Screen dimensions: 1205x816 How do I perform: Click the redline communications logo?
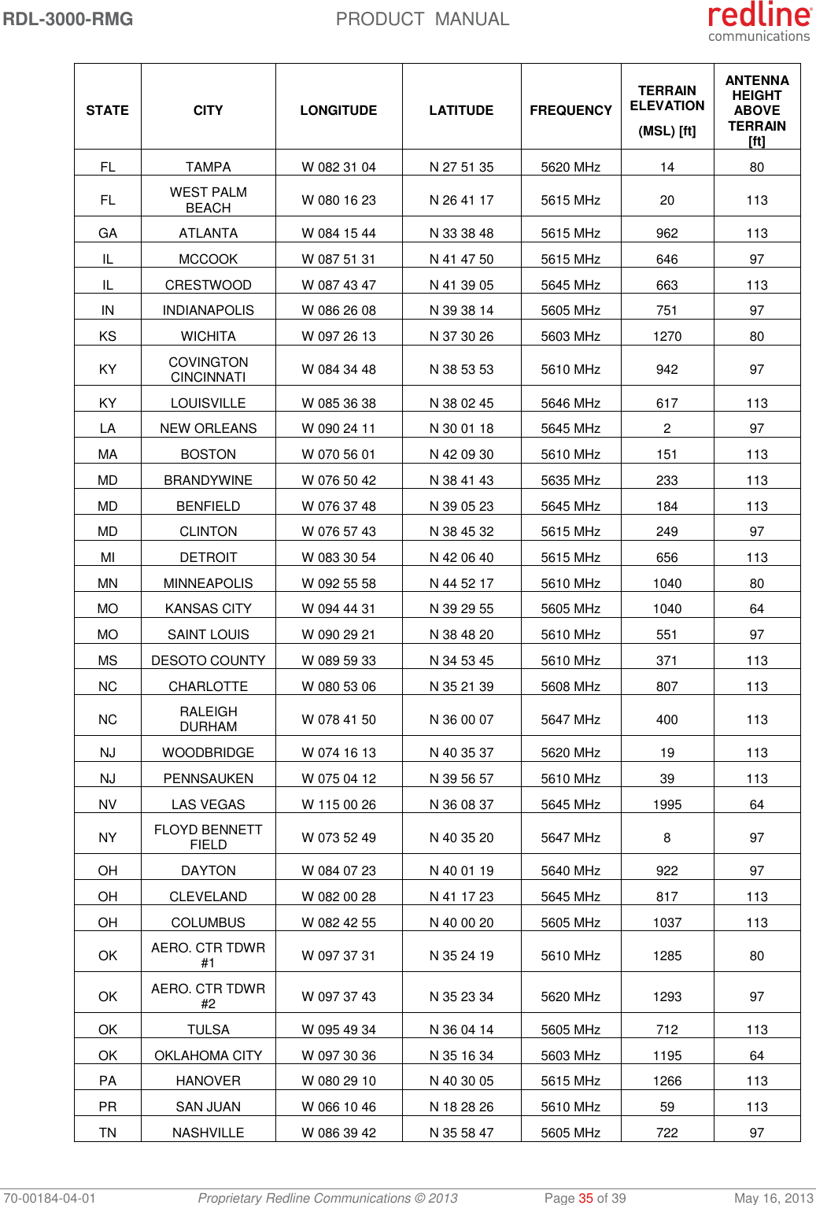[759, 21]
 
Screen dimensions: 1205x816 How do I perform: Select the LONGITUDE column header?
[338, 111]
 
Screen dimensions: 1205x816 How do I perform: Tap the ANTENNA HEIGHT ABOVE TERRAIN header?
[756, 110]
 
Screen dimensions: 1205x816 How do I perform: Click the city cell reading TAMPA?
[209, 167]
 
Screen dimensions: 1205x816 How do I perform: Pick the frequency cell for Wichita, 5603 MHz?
[570, 336]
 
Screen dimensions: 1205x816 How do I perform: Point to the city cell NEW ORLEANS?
[209, 428]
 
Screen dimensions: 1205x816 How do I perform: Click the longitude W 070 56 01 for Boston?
[339, 454]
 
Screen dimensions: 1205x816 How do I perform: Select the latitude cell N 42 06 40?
[461, 557]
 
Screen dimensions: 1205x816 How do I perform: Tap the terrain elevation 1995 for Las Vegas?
[666, 804]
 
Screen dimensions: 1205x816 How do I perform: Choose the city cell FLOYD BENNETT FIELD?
[209, 837]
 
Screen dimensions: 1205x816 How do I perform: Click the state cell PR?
[108, 1107]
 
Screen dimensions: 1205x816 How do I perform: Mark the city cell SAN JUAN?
[209, 1107]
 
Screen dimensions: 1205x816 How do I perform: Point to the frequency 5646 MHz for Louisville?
[570, 403]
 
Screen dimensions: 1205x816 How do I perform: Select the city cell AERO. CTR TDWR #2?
[209, 996]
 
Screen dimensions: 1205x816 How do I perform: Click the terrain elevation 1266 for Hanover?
[666, 1081]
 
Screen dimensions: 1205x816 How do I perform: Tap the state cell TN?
[108, 1133]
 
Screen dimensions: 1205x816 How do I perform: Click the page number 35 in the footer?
[585, 1198]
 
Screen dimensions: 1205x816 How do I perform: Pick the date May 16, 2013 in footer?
[774, 1198]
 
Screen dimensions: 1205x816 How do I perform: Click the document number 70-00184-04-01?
[49, 1198]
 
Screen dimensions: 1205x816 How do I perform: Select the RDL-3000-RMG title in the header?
[68, 19]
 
